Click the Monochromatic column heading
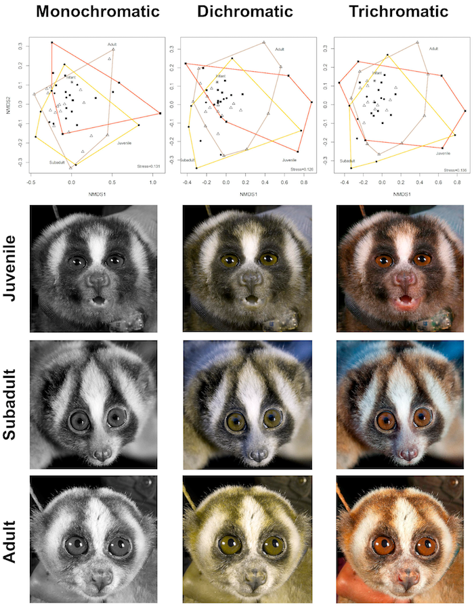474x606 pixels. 98,12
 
